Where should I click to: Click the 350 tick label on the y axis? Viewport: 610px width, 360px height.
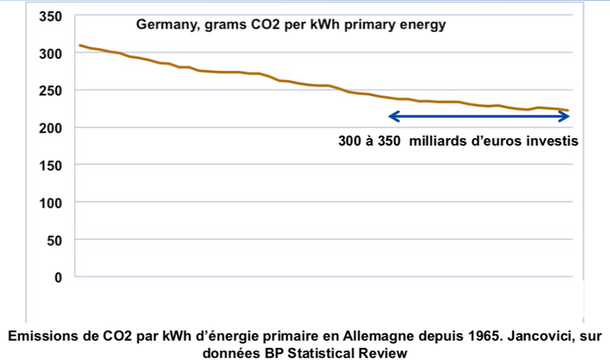[x=51, y=16]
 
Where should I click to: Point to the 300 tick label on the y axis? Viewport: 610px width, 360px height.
[x=51, y=53]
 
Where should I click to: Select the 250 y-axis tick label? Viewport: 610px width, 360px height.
[x=51, y=91]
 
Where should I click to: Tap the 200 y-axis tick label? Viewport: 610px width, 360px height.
[x=51, y=128]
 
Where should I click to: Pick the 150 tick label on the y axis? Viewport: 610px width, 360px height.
[x=51, y=166]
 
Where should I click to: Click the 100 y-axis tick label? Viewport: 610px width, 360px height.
[x=51, y=203]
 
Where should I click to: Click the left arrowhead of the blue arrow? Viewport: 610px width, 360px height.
[x=393, y=117]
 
